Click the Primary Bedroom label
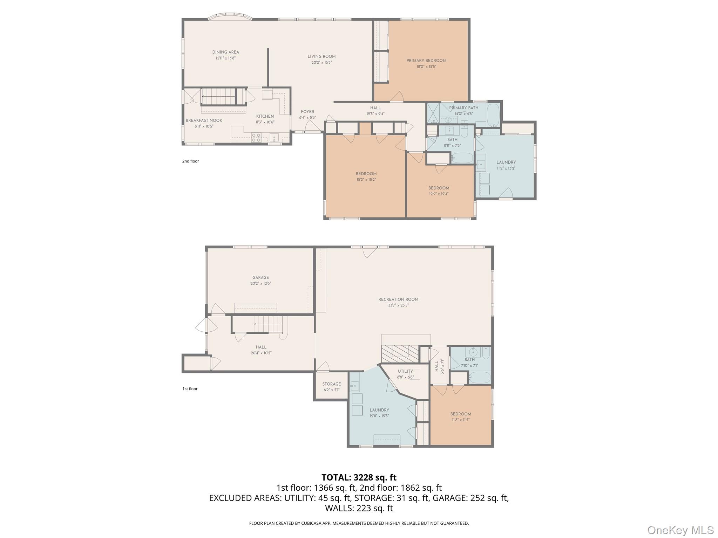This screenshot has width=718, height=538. [x=426, y=61]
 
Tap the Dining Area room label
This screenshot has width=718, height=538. [x=225, y=52]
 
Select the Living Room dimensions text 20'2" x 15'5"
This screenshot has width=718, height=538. [x=321, y=63]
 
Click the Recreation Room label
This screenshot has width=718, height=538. [x=398, y=299]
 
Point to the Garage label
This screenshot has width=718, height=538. [x=260, y=277]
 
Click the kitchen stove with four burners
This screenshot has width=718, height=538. [x=256, y=137]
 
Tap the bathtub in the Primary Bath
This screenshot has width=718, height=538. [x=494, y=115]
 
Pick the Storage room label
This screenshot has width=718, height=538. [x=331, y=384]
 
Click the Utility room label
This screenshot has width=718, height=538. [x=405, y=371]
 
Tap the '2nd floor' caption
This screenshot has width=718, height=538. [x=190, y=161]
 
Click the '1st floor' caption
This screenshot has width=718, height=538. [x=190, y=389]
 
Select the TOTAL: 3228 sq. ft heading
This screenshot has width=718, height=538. [x=359, y=477]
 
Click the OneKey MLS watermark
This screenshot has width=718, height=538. [x=680, y=530]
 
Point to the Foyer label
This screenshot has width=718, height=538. [x=307, y=112]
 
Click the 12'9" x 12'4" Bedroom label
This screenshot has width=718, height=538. [x=439, y=188]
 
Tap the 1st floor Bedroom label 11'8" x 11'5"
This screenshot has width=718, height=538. [x=460, y=414]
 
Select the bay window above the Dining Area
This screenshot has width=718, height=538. [x=230, y=16]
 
